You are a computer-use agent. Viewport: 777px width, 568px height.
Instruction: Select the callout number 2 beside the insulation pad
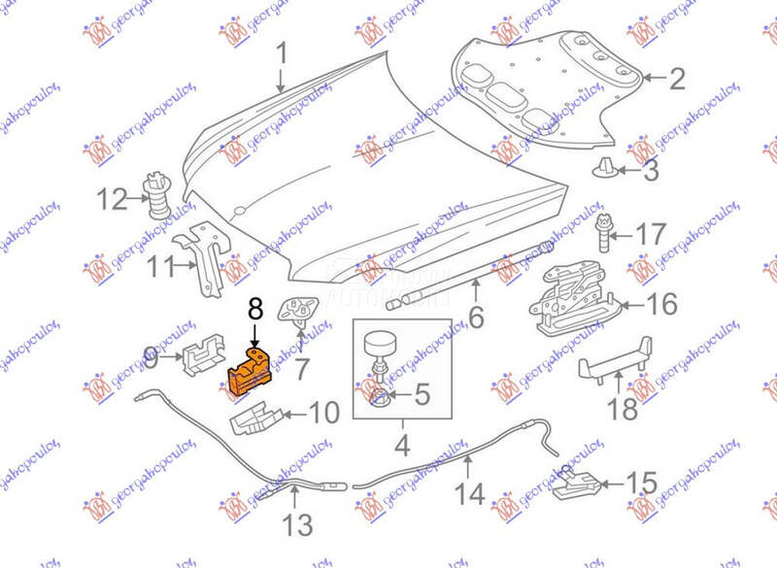tap(676, 79)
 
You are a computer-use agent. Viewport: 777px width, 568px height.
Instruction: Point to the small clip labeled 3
tap(604, 172)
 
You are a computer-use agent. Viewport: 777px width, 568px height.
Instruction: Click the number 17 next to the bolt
tap(653, 235)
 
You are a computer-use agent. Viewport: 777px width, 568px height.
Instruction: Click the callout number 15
tap(641, 483)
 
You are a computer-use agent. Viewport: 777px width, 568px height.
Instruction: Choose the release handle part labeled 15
tap(580, 481)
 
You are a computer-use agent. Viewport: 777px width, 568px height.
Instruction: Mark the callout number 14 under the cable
tap(470, 493)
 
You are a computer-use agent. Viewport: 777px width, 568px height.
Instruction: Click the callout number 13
tap(298, 526)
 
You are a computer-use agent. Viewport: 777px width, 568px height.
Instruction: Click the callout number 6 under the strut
tap(476, 317)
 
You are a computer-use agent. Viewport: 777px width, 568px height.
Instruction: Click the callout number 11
tap(158, 264)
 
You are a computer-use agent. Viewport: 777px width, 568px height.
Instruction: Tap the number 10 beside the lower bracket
tap(324, 413)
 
